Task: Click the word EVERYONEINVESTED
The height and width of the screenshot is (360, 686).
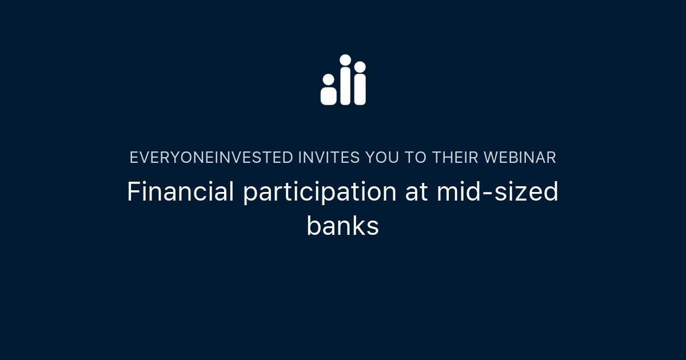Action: (211, 158)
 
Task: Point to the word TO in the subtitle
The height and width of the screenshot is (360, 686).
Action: (415, 158)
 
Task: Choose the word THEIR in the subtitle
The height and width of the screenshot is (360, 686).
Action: (455, 158)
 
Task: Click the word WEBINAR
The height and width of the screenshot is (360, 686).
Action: (520, 158)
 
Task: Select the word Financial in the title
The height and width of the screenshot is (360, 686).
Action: (180, 192)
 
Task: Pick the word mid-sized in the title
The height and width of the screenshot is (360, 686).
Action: (497, 192)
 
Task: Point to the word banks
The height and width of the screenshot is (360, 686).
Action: (342, 226)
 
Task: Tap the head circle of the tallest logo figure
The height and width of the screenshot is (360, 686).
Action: (345, 60)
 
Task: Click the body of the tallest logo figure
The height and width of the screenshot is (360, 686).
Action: (345, 87)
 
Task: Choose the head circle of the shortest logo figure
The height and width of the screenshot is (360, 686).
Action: (328, 79)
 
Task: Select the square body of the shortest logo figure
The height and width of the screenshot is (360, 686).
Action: (328, 95)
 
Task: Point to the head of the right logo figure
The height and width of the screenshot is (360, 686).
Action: (360, 67)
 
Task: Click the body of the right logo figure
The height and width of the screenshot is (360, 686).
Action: (360, 90)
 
